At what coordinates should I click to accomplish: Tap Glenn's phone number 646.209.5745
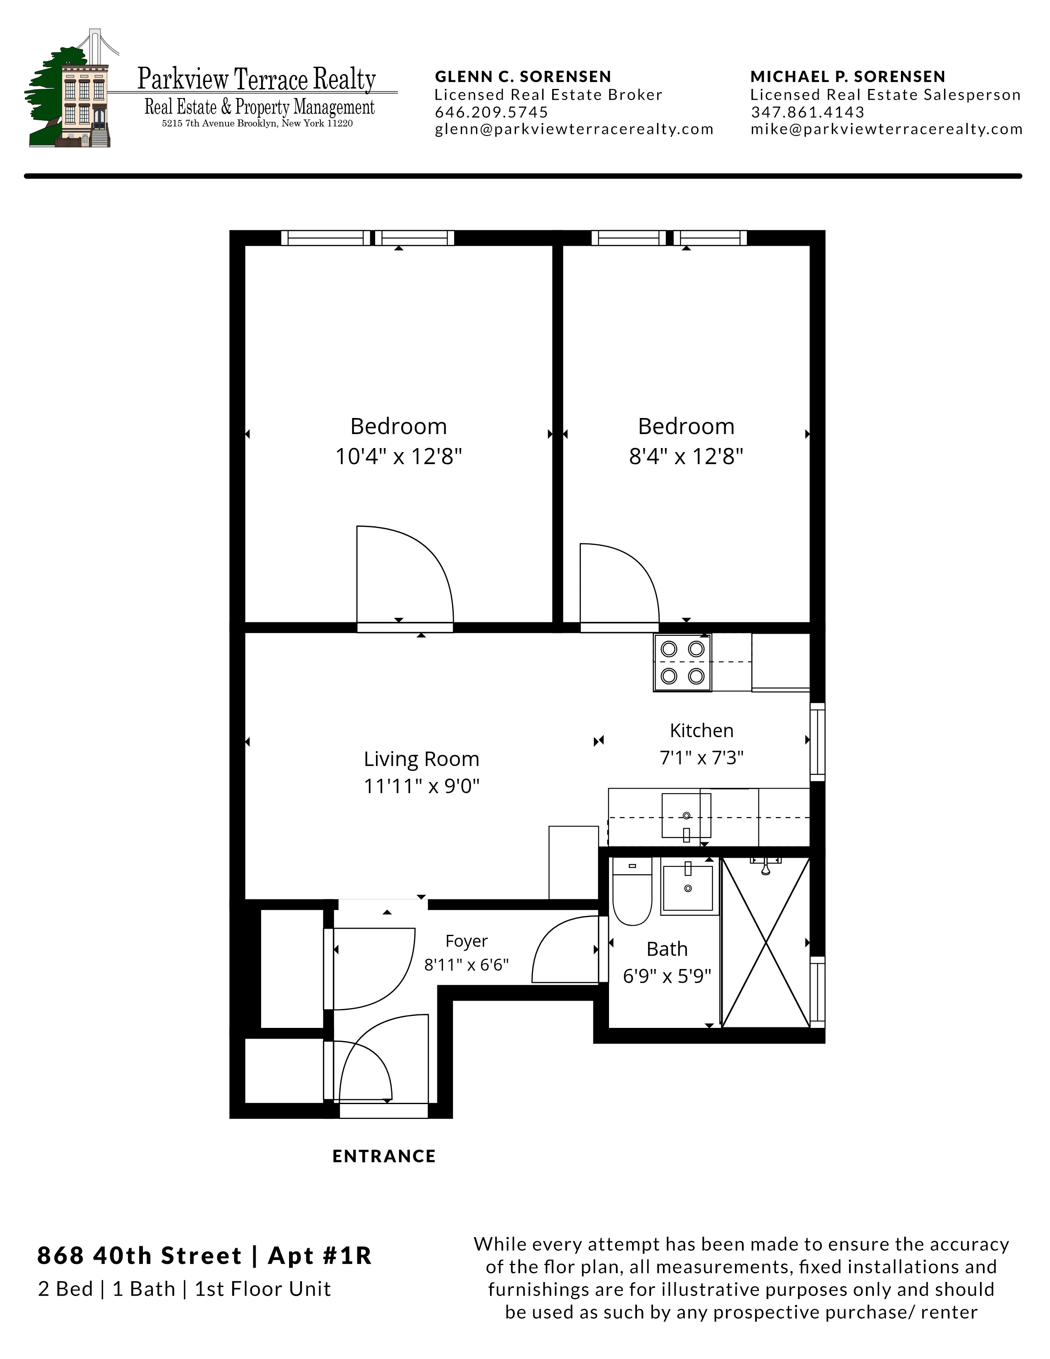[x=491, y=112]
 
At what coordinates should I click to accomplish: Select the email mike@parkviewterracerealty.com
[x=887, y=129]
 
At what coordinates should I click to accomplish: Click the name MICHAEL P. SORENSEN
[x=848, y=77]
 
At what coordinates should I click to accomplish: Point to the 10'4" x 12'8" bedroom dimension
[x=399, y=457]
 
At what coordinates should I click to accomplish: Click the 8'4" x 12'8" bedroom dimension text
[x=686, y=457]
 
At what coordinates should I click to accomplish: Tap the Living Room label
[x=421, y=759]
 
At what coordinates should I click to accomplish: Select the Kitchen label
[x=701, y=731]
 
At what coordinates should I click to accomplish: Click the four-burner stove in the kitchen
[x=682, y=663]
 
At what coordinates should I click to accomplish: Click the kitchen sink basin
[x=686, y=815]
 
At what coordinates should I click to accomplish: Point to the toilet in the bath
[x=632, y=890]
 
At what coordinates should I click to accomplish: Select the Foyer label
[x=467, y=941]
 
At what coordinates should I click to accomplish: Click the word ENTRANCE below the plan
[x=384, y=1156]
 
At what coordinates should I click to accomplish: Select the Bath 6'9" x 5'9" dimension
[x=667, y=976]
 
